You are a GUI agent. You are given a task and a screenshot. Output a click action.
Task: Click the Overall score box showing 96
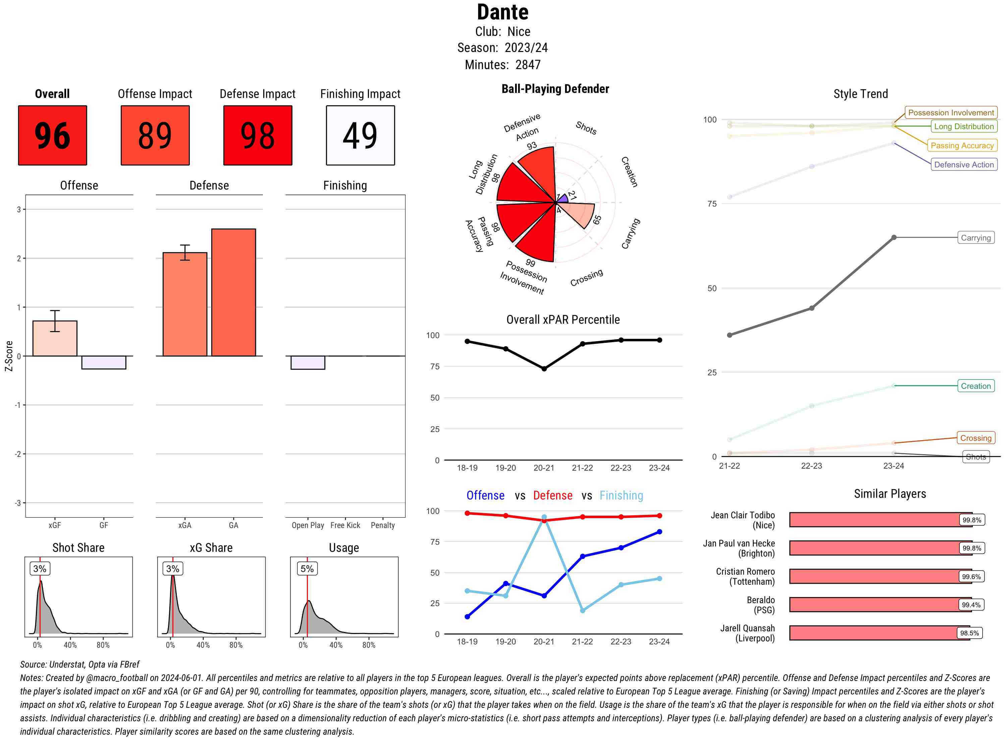[52, 136]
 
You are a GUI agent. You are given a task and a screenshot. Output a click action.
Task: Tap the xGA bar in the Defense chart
[184, 304]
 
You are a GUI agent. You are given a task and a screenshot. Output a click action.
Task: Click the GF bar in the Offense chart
[104, 362]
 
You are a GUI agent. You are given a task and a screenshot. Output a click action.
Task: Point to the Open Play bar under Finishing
[308, 362]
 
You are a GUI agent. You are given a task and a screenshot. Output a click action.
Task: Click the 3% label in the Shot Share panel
[40, 569]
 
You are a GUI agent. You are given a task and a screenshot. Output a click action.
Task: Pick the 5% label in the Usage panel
[307, 569]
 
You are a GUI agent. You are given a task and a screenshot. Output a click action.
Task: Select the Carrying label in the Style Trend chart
[975, 238]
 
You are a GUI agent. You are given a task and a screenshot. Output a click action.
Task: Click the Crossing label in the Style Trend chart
[975, 438]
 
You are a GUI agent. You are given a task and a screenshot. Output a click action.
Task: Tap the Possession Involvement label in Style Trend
[951, 113]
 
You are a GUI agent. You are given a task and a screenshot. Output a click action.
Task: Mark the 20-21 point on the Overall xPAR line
[544, 369]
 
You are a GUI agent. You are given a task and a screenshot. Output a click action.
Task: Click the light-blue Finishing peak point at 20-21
[544, 517]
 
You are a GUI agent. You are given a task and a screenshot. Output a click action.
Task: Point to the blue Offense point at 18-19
[467, 617]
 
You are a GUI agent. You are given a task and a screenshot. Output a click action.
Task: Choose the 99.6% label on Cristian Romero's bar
[971, 577]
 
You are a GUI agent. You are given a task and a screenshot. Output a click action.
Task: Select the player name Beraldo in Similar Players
[761, 600]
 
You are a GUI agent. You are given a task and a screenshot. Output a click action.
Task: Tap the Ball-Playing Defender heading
[555, 89]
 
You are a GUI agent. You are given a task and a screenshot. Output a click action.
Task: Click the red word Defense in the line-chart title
[552, 495]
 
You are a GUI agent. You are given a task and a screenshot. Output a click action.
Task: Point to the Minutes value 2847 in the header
[528, 65]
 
